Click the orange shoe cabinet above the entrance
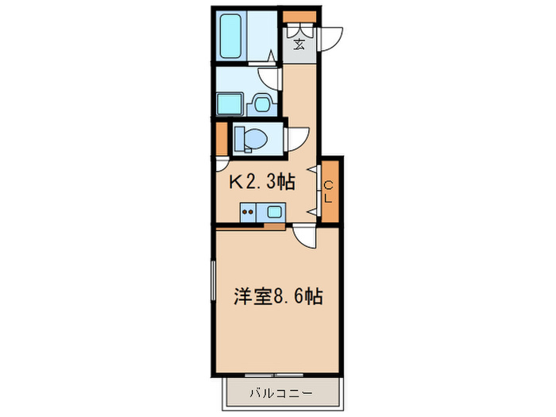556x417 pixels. click(300, 15)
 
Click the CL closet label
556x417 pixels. click(328, 192)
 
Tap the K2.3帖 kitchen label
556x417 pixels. click(262, 182)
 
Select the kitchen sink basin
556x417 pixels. click(274, 212)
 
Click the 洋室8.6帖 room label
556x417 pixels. click(277, 297)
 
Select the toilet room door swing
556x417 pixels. click(296, 138)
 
